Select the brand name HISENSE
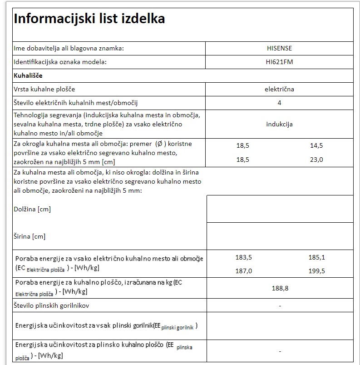[x=279, y=48]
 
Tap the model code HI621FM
[x=279, y=62]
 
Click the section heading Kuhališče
[x=28, y=75]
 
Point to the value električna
[x=279, y=89]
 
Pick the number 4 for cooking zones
[x=279, y=103]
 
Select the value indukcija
[x=279, y=124]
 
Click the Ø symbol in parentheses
[x=159, y=144]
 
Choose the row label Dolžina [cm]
[x=32, y=209]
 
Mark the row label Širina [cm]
[x=30, y=236]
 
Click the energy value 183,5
[x=244, y=257]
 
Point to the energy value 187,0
[x=244, y=271]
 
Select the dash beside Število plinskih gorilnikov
[x=280, y=306]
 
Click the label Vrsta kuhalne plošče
[x=44, y=89]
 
